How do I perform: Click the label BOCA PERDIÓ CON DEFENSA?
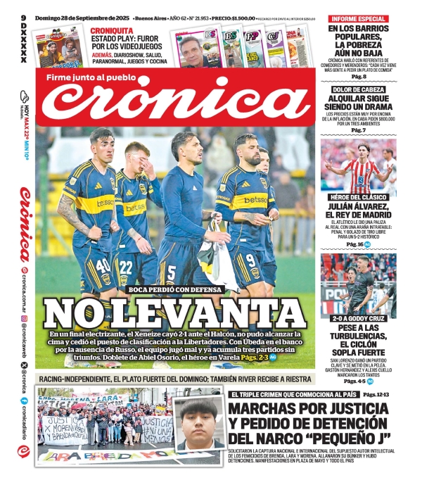175,289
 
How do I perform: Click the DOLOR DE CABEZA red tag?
359,90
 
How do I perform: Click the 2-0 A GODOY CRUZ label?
359,317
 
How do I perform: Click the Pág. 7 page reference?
359,130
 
